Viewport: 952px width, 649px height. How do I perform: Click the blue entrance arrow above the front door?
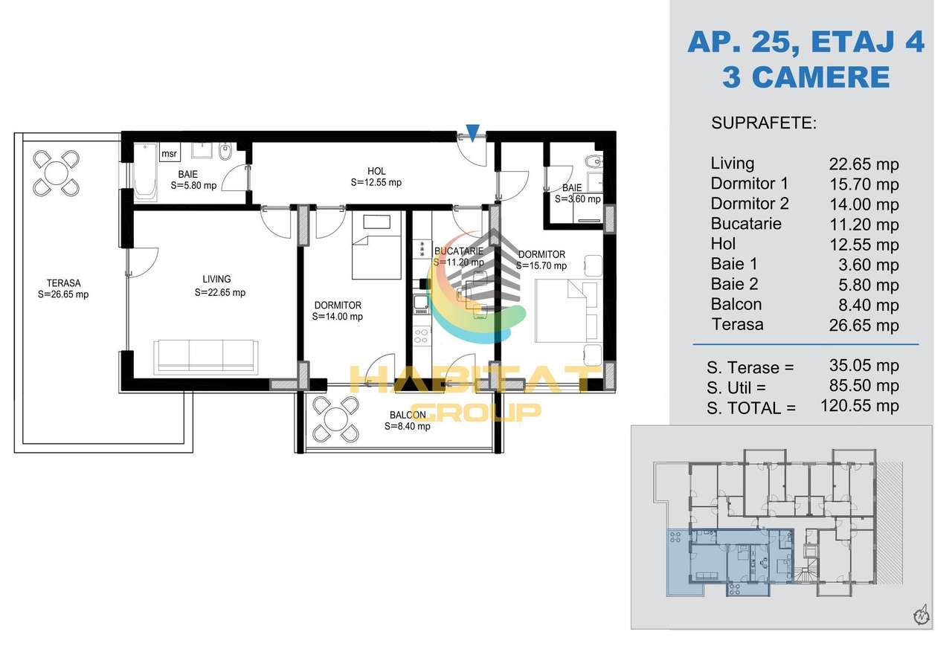[x=472, y=130]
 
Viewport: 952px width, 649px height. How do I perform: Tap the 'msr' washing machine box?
[x=169, y=153]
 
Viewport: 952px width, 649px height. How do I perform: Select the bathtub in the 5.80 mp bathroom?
[x=144, y=173]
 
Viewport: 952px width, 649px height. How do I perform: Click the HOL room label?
[x=376, y=171]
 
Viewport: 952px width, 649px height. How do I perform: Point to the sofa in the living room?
[x=206, y=356]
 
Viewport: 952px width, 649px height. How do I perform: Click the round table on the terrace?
[x=56, y=173]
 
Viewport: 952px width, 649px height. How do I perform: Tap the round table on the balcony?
[x=336, y=419]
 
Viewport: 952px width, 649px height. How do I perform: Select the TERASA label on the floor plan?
[x=64, y=283]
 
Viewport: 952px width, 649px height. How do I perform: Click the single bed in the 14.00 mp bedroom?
[x=376, y=245]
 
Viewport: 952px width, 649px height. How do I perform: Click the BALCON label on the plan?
[x=408, y=415]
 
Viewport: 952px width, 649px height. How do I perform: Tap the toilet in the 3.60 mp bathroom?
[x=594, y=162]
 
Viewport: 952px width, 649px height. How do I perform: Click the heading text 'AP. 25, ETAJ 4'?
[x=805, y=42]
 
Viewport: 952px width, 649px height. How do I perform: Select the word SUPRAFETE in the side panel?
[x=764, y=123]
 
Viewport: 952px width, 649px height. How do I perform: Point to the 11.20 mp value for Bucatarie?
[x=864, y=225]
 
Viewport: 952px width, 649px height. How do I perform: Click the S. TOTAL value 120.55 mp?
[x=859, y=406]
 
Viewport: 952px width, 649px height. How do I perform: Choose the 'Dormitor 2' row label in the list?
[x=750, y=204]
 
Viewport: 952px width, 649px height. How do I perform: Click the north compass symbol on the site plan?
[x=922, y=615]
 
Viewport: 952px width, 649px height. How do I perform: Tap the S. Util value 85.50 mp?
[x=864, y=386]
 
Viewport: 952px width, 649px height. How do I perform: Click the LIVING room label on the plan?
[x=216, y=279]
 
